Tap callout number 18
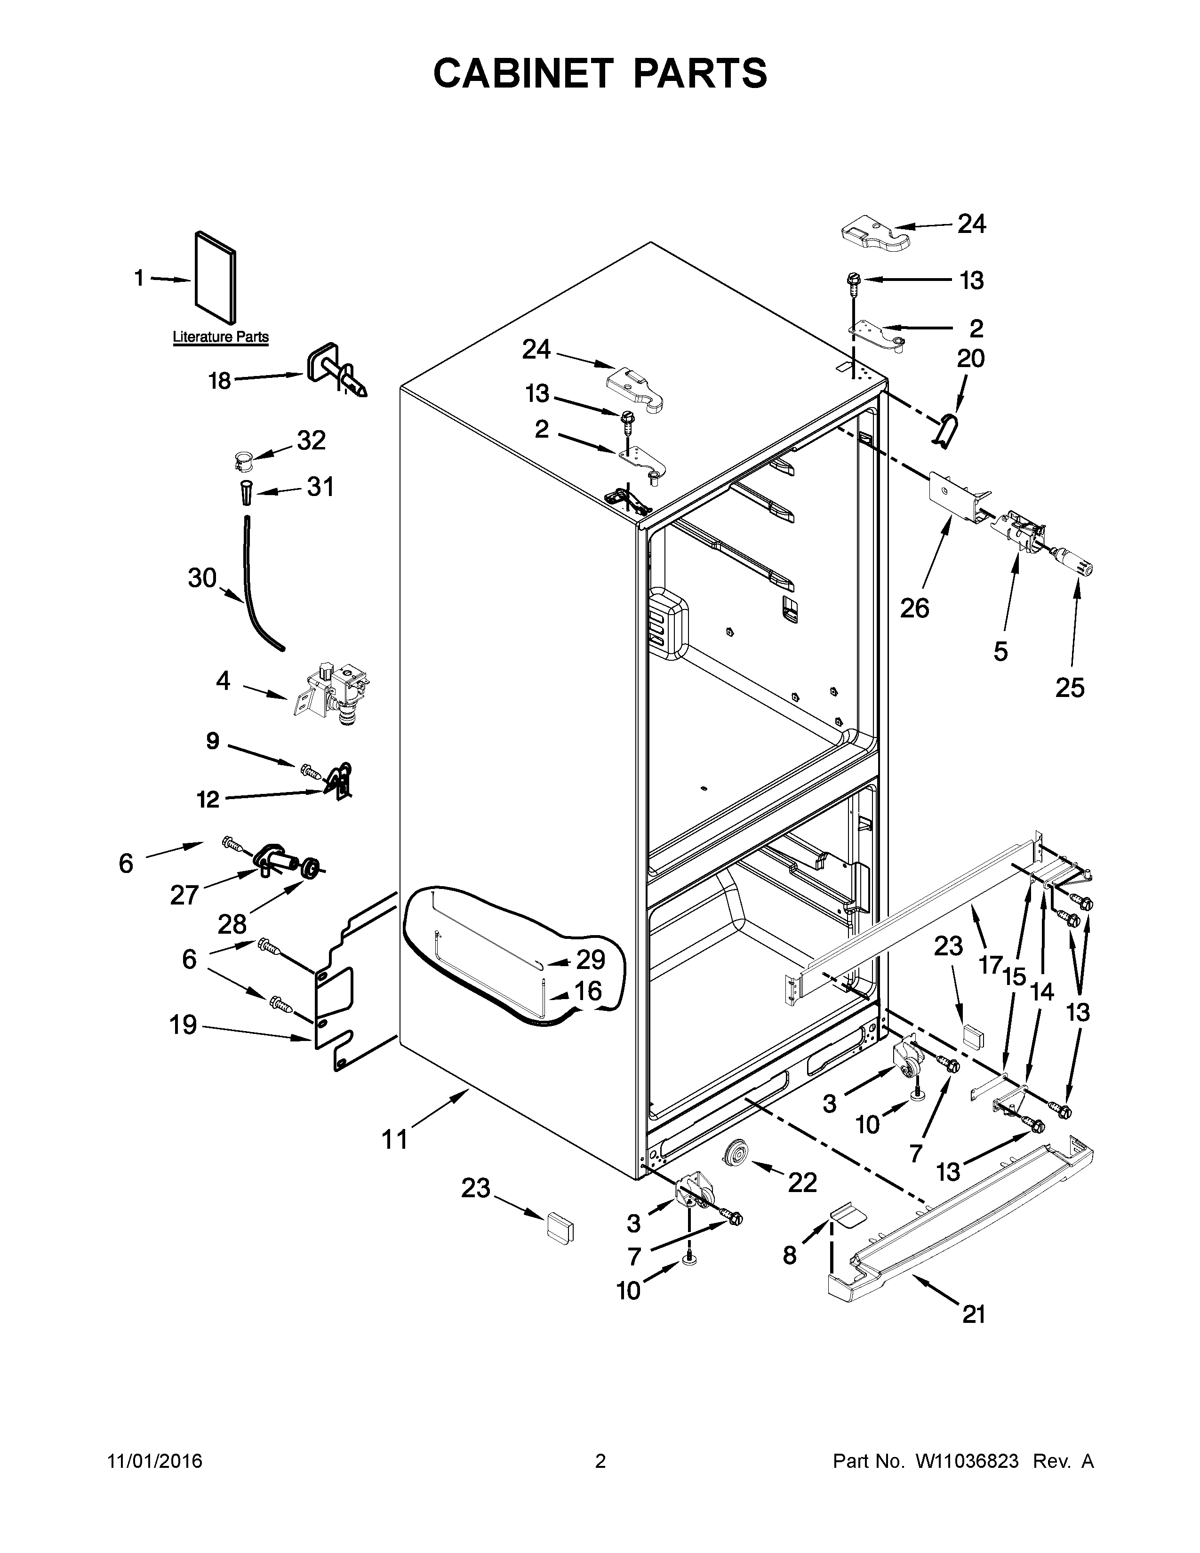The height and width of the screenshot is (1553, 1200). pos(220,381)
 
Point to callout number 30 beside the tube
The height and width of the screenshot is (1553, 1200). pos(202,577)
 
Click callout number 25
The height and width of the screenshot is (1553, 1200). pos(1069,687)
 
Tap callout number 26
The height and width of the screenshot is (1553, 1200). pos(914,608)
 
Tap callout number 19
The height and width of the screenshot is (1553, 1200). pos(183,1025)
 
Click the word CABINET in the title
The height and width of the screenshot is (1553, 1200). pos(522,73)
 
